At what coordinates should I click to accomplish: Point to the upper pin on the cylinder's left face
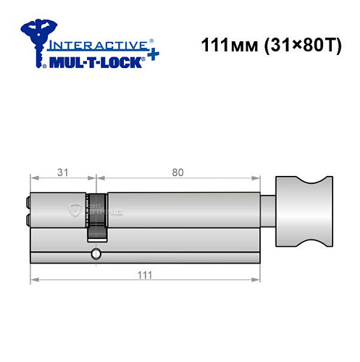tap(28, 204)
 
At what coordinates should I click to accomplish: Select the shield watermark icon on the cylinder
tap(74, 210)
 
